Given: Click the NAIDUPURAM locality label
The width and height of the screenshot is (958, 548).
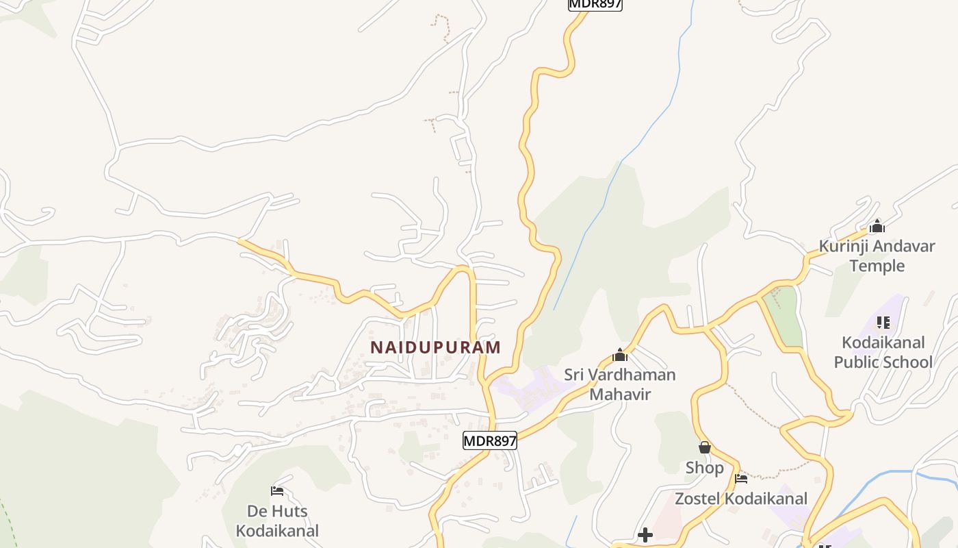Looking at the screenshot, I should coord(435,347).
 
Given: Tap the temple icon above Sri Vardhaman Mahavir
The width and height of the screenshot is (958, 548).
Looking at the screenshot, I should coord(620,355).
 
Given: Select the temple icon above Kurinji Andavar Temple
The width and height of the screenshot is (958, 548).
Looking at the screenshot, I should coord(877,226).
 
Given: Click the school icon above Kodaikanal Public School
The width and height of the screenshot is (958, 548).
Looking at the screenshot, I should coord(883,322).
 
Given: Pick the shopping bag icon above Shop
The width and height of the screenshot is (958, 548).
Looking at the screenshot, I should coord(704,448).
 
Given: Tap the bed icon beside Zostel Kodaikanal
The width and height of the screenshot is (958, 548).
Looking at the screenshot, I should coord(740,478).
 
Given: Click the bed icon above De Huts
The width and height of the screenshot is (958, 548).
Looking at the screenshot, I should coord(277,490).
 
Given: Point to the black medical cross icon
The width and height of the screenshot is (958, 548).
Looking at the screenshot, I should coord(645,534).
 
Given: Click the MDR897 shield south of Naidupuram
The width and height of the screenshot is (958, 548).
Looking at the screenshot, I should coord(490,441).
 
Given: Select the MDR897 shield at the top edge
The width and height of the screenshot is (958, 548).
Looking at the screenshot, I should coord(595,4).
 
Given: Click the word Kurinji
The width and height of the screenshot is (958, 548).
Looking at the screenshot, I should coord(843,246).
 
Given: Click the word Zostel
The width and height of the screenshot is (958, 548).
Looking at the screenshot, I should coord(697,499).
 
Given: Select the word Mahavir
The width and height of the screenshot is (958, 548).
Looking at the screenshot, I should coord(620,395).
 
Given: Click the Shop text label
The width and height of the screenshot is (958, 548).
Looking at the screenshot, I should coord(704,468).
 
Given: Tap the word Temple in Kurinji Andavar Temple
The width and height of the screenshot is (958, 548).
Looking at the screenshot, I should coord(877,266).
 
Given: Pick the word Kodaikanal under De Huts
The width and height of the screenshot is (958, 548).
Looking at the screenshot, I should coord(277,531).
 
